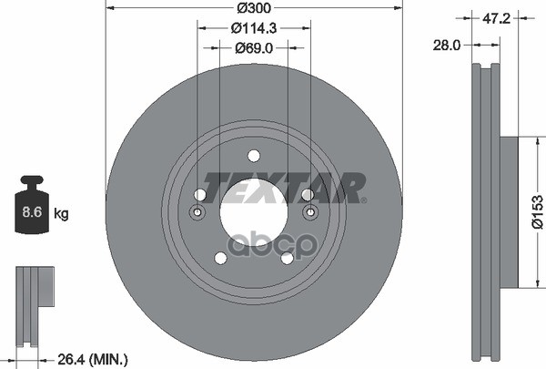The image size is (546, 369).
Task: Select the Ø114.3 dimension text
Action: point(254,29)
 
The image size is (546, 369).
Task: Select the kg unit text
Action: point(62,214)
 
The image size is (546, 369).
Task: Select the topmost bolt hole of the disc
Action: point(254,155)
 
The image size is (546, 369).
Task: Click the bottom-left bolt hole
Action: point(220,258)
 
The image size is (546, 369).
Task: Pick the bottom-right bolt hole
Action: point(288,258)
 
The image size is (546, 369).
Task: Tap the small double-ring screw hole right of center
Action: point(309,212)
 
